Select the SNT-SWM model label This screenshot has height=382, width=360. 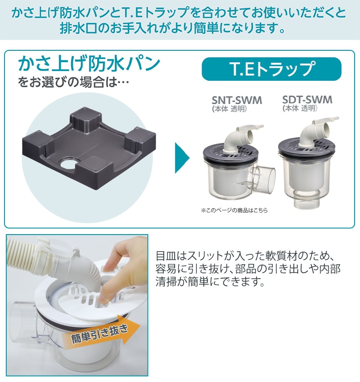[236, 100]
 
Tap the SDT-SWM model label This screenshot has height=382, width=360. [307, 99]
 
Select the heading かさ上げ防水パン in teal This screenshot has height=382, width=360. [89, 63]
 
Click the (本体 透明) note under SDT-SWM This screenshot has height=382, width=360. [300, 108]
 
